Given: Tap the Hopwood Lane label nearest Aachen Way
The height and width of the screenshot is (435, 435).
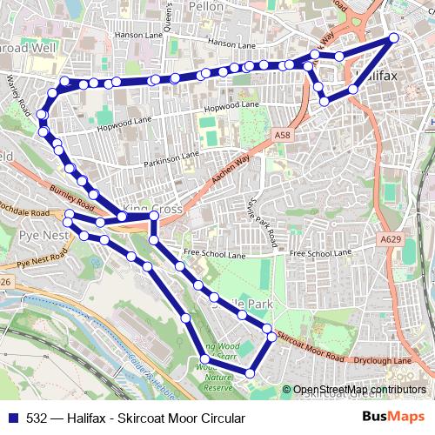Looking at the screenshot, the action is [x=231, y=106].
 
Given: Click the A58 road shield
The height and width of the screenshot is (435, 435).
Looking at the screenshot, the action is [x=281, y=136].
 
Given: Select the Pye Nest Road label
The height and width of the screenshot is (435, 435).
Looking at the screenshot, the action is [x=43, y=258].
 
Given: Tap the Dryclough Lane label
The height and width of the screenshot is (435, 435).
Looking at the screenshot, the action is [x=383, y=360].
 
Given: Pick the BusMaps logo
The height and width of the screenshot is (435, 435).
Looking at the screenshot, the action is [x=393, y=418].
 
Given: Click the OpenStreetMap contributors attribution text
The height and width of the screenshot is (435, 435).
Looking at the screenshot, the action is [x=359, y=390].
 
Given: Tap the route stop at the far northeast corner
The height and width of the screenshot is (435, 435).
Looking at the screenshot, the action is [x=394, y=37].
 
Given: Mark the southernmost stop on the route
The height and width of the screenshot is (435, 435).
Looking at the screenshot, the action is [x=250, y=373].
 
